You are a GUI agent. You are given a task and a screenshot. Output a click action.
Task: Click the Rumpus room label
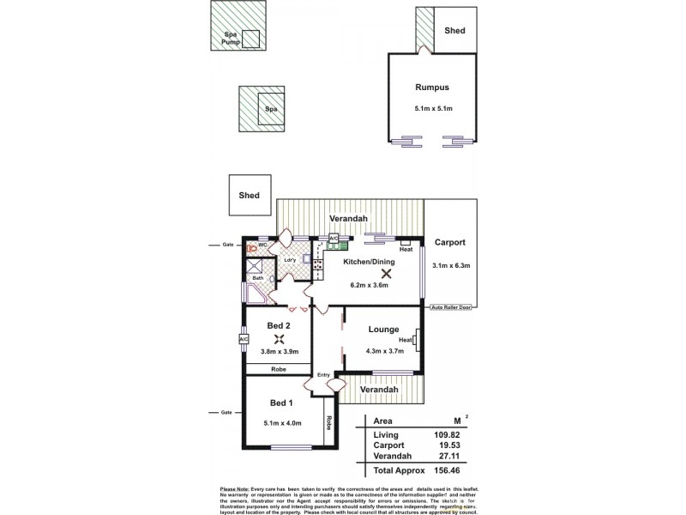pyautogui.click(x=433, y=88)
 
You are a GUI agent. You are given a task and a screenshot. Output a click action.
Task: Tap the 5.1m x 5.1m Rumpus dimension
pyautogui.click(x=433, y=109)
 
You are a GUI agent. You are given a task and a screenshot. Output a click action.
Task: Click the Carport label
pyautogui.click(x=450, y=242)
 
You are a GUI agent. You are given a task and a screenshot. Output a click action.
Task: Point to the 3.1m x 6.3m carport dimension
pyautogui.click(x=452, y=265)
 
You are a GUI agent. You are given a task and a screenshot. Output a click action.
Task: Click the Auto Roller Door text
pyautogui.click(x=452, y=306)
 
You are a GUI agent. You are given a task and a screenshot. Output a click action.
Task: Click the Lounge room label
pyautogui.click(x=381, y=329)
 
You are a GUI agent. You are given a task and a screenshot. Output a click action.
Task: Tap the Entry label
pyautogui.click(x=323, y=375)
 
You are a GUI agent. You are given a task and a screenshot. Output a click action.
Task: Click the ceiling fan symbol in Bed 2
pyautogui.click(x=280, y=337)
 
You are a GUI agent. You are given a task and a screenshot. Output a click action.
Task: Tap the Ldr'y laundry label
pyautogui.click(x=290, y=260)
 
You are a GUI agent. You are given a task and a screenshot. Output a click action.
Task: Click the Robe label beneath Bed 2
pyautogui.click(x=278, y=369)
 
